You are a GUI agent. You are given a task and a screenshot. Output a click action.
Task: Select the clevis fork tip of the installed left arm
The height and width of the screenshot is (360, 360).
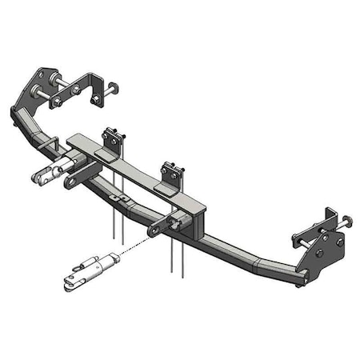(x=41, y=174)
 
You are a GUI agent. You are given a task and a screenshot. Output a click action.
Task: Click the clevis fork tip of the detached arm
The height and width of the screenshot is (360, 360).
(x=70, y=280)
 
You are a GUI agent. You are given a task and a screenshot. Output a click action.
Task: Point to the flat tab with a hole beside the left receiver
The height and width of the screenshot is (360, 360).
(x=70, y=183)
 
